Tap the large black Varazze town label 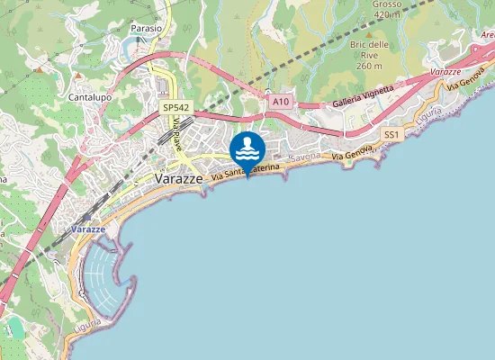click(180, 179)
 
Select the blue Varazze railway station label click(88, 229)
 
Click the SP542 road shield click(175, 107)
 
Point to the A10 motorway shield click(281, 103)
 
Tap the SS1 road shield click(391, 134)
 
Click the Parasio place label click(147, 29)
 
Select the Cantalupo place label click(89, 95)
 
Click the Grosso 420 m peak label click(386, 9)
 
